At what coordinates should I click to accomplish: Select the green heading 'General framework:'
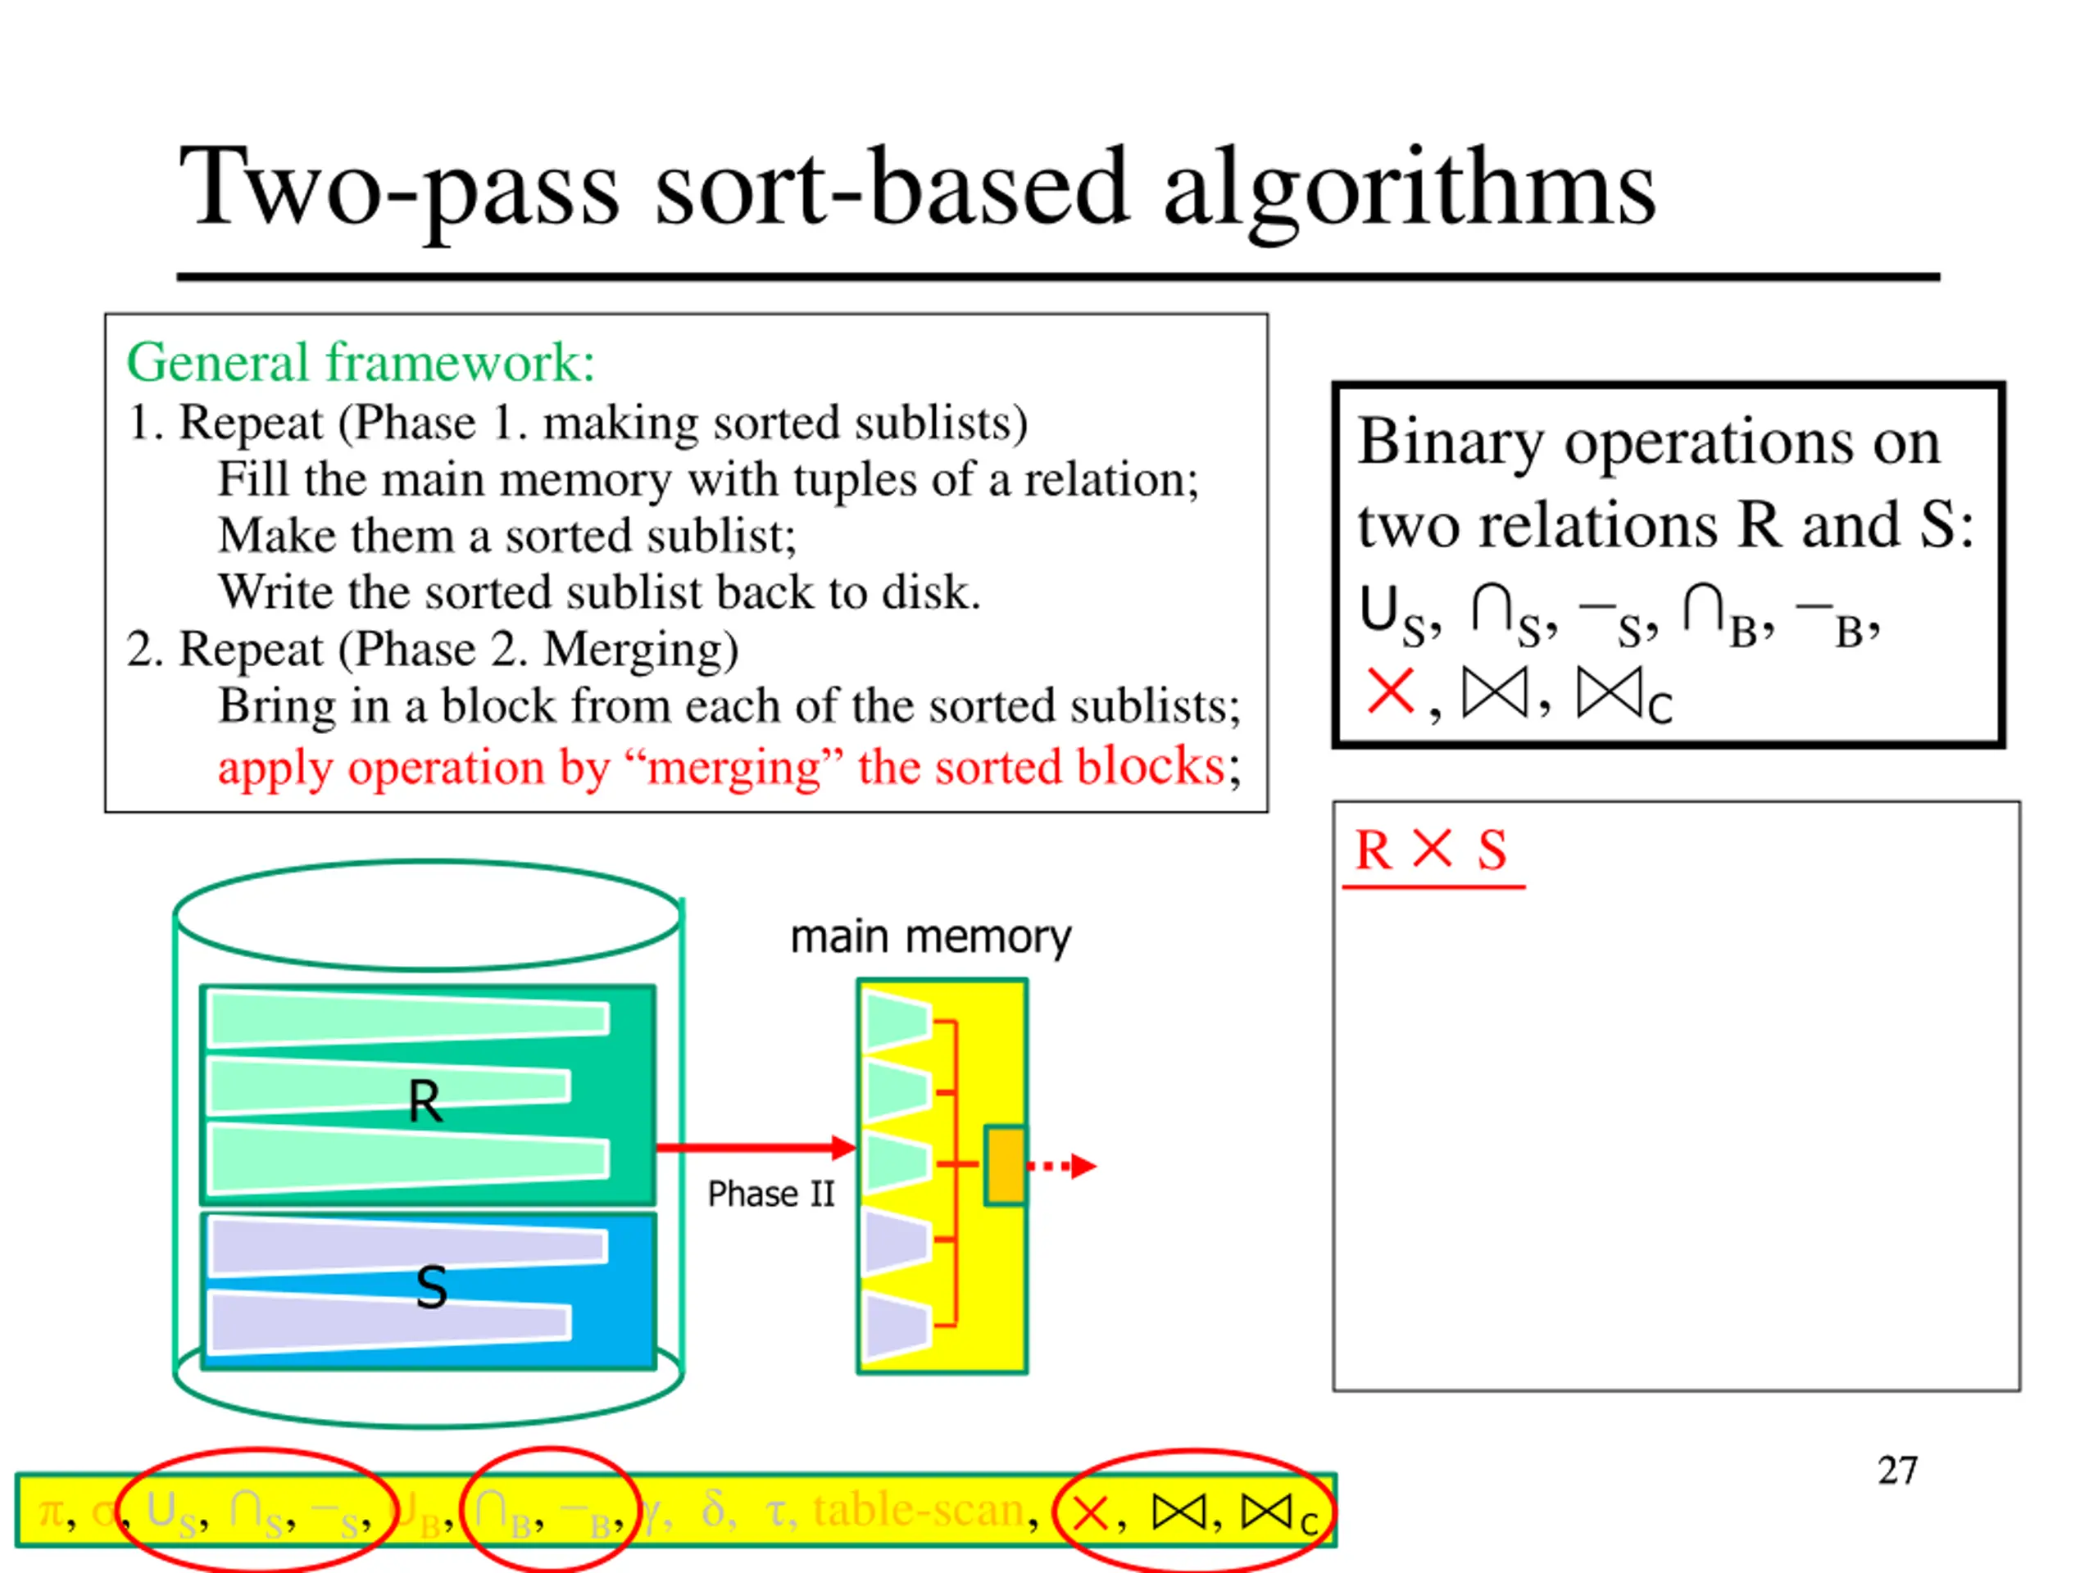click(x=361, y=363)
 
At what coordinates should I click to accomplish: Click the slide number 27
click(x=1897, y=1471)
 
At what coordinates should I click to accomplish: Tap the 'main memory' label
click(x=930, y=938)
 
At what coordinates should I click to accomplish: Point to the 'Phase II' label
click(x=770, y=1194)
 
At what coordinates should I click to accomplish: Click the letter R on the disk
click(x=425, y=1102)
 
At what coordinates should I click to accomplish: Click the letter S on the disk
click(x=432, y=1288)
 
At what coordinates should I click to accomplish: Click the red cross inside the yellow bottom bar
click(x=1090, y=1513)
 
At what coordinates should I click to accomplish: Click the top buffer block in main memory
click(x=897, y=1021)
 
